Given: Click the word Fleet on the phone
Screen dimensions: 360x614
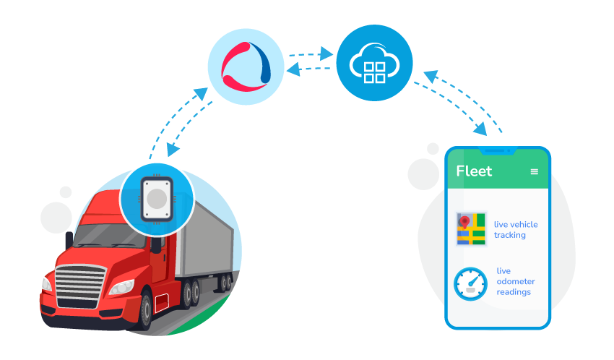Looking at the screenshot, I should click(x=474, y=171).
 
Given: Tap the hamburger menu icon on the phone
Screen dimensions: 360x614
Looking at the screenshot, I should click(x=535, y=171).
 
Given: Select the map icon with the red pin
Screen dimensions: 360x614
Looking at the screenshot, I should click(x=471, y=229).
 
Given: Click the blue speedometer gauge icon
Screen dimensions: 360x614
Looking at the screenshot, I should click(x=471, y=283).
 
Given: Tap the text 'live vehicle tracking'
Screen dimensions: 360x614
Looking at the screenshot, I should click(x=515, y=230).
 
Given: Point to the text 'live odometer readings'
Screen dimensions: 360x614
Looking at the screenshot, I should click(x=514, y=282).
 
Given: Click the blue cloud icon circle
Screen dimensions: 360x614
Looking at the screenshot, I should click(x=374, y=63).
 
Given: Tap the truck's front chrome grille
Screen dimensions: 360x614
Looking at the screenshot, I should click(x=75, y=283).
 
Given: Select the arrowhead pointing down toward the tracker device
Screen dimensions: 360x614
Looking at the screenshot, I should click(x=171, y=150).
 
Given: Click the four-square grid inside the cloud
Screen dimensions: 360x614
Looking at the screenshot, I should click(x=374, y=71).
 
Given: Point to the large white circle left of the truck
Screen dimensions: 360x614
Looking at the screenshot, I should click(x=56, y=218).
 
